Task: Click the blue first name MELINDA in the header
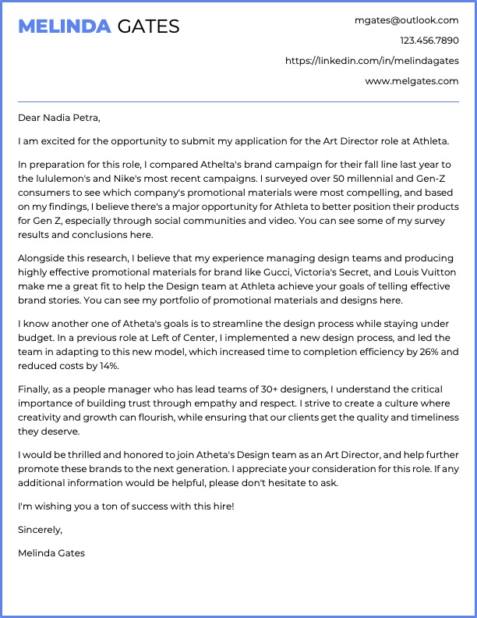tap(64, 27)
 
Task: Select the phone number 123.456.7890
tap(429, 41)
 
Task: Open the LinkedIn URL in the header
tap(372, 61)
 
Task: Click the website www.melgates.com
tap(412, 81)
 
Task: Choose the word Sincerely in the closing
tap(40, 530)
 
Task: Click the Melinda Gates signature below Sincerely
tap(51, 553)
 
